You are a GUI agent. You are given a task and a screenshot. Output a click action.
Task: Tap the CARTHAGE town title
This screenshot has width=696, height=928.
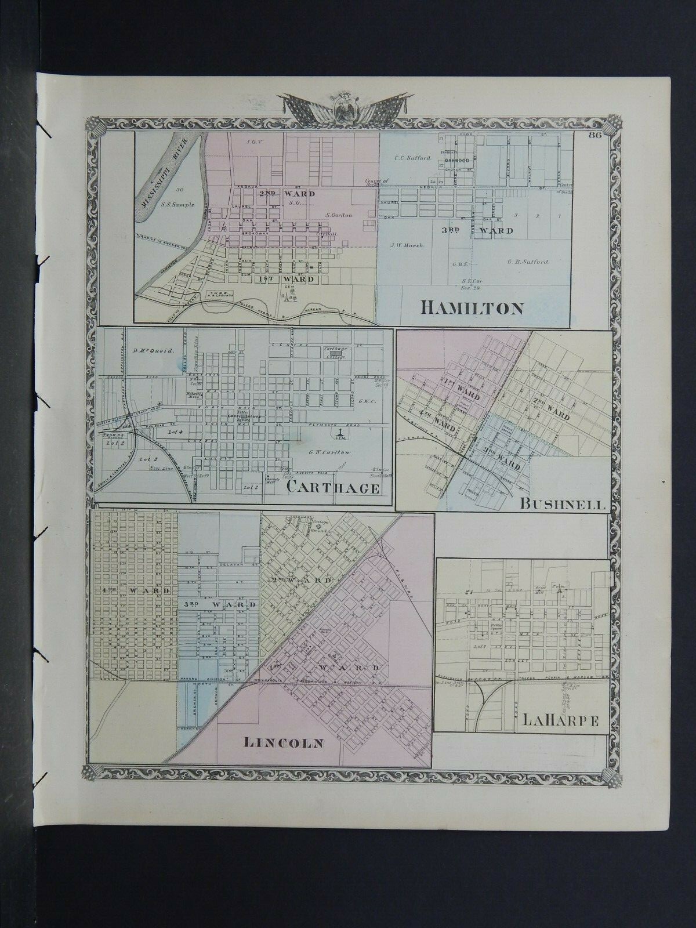333,488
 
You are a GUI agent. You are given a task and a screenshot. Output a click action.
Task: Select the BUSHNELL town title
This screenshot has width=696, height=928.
562,504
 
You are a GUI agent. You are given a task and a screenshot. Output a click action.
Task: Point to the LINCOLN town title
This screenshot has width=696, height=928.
284,742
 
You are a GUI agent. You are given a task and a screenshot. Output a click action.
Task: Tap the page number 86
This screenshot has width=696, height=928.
593,136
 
